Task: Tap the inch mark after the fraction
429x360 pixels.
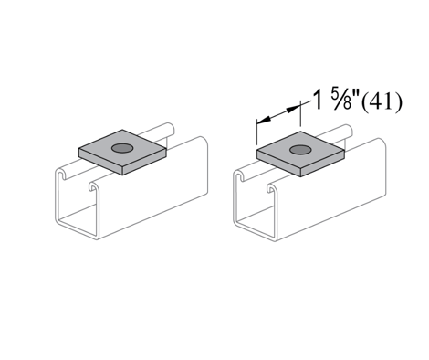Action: click(356, 94)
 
